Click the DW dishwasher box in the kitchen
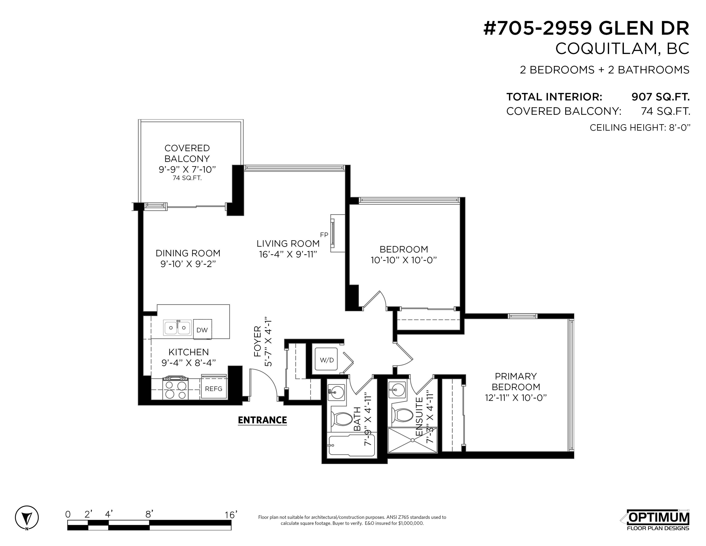(x=202, y=330)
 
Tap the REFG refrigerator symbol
(x=213, y=388)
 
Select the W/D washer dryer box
(x=327, y=360)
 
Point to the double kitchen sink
(x=177, y=328)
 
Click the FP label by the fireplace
(x=324, y=235)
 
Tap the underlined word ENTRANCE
(x=262, y=420)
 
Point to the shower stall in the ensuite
(x=412, y=440)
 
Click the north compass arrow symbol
(x=27, y=517)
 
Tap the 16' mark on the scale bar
(x=231, y=515)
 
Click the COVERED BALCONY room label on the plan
(x=187, y=153)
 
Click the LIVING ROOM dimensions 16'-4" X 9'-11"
(x=288, y=254)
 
